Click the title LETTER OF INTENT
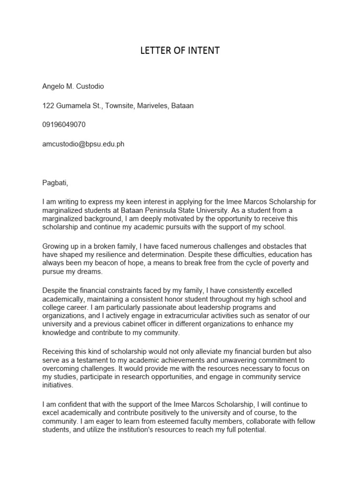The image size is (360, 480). pyautogui.click(x=180, y=51)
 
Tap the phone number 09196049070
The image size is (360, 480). pyautogui.click(x=64, y=125)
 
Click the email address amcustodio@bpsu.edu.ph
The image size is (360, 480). pyautogui.click(x=83, y=144)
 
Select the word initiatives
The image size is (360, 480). pyautogui.click(x=58, y=385)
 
